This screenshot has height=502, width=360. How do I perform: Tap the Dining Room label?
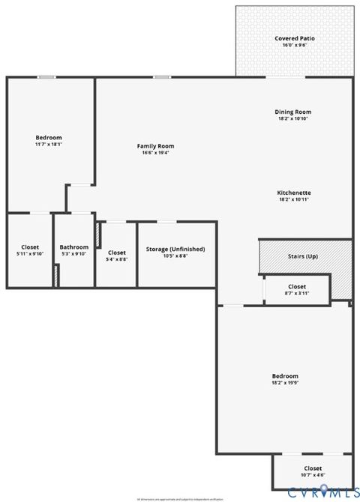click(292, 112)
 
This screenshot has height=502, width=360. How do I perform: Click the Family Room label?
click(155, 145)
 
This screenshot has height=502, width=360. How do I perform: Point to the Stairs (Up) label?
click(303, 256)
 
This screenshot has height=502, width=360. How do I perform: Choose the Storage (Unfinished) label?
click(175, 249)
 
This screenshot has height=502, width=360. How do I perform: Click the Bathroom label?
click(74, 247)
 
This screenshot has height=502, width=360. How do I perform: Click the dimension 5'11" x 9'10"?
click(30, 254)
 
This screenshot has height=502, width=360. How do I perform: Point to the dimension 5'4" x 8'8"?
click(117, 259)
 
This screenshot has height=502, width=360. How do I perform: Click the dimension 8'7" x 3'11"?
click(297, 293)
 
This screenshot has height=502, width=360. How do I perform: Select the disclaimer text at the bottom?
click(180, 498)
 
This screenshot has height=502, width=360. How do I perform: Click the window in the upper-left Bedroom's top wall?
click(46, 76)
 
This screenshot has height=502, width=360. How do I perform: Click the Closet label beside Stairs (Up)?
click(297, 286)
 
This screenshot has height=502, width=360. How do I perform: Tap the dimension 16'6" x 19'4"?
click(155, 153)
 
